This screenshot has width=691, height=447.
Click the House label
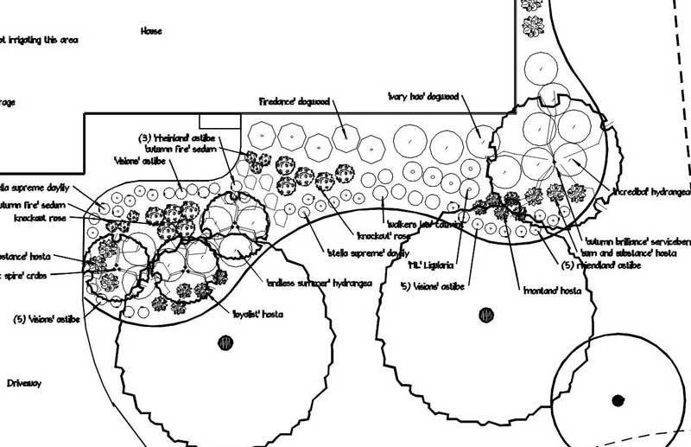(151, 31)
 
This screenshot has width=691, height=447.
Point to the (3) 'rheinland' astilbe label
(175, 137)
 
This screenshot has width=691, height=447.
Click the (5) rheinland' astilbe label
(601, 265)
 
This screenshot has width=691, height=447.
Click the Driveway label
(24, 382)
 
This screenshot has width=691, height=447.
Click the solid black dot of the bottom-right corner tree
(618, 399)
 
